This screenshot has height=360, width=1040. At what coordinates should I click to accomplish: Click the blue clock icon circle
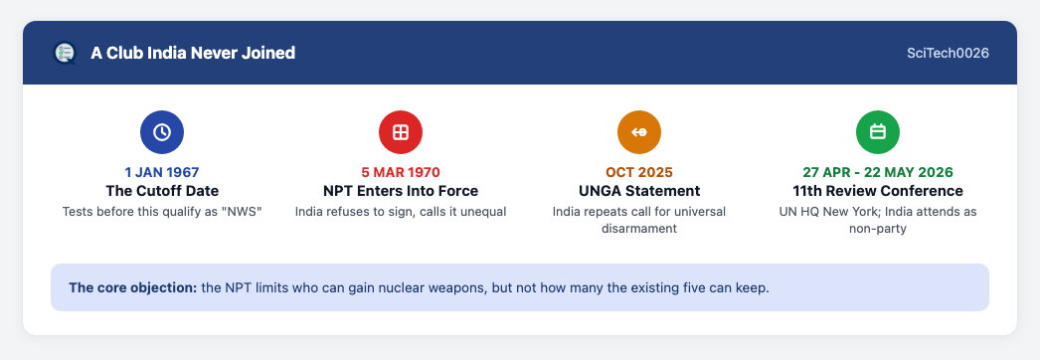click(162, 132)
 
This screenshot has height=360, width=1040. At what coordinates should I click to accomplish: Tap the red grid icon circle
click(401, 132)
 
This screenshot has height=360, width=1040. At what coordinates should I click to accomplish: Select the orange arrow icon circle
click(639, 132)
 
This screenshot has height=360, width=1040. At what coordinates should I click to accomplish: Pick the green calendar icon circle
click(878, 132)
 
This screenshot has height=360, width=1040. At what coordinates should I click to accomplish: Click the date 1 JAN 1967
click(162, 172)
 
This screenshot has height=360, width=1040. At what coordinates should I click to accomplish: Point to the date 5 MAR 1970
click(401, 172)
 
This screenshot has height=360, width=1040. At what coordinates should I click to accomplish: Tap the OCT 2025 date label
click(639, 172)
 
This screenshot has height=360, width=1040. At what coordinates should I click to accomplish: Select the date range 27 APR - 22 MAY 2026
click(878, 172)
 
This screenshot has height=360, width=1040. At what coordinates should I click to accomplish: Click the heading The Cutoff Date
click(162, 191)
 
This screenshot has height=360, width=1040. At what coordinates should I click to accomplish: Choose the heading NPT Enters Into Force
click(401, 191)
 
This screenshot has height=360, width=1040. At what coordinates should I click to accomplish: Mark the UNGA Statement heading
click(639, 191)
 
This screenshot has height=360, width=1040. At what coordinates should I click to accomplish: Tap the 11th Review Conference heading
click(878, 191)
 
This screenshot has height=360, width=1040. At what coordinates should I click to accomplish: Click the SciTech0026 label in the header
click(948, 53)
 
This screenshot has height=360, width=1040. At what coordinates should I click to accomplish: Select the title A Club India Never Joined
click(193, 53)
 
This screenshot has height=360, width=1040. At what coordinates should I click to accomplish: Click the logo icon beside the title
click(65, 53)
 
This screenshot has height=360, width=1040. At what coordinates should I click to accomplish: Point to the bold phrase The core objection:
click(132, 288)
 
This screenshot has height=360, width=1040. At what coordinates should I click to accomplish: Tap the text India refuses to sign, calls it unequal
click(401, 212)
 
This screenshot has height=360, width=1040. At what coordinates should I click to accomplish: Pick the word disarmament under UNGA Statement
click(639, 229)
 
